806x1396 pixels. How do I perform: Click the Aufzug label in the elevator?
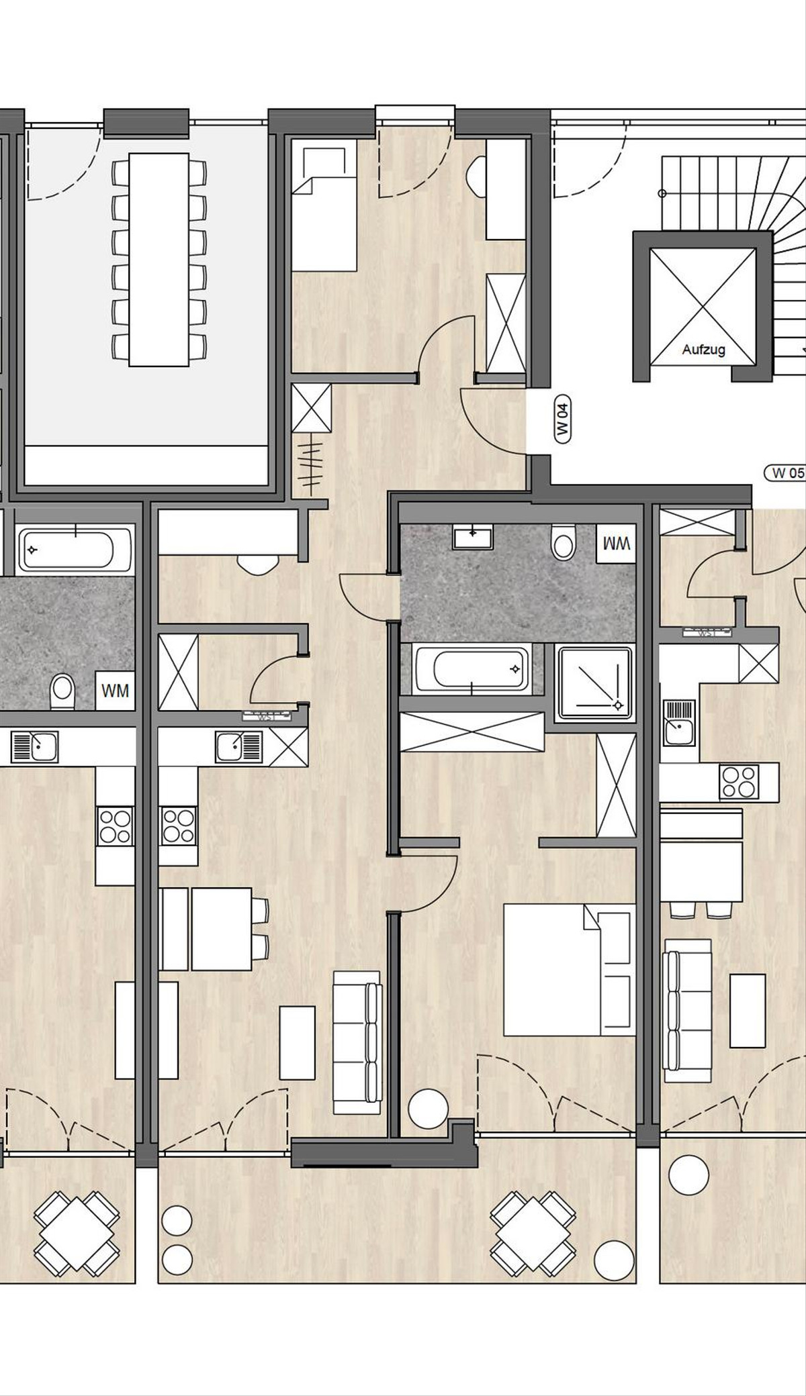703,350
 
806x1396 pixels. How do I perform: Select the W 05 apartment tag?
786,472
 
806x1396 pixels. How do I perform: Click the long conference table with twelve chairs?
159,259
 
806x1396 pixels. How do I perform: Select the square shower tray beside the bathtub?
595,681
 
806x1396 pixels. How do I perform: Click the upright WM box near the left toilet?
115,690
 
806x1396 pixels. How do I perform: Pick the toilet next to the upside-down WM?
564,542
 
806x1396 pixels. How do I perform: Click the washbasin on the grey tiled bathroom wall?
473,536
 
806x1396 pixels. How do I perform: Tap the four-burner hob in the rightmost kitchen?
739,782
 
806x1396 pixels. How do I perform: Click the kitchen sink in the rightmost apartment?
680,722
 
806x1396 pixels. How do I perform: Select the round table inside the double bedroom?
428,1109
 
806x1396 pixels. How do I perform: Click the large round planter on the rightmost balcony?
688,1175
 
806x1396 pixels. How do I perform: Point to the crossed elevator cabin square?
703,306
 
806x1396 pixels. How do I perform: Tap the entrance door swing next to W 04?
490,423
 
